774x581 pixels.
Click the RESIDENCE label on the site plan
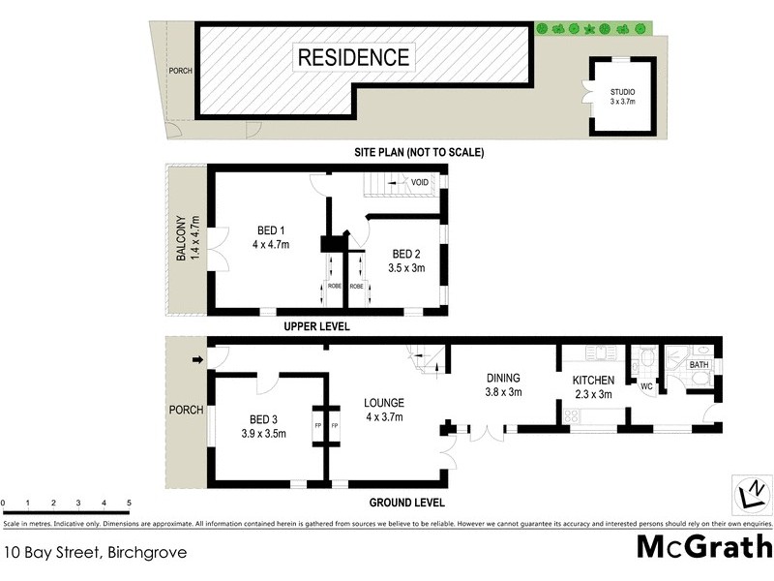click(x=353, y=56)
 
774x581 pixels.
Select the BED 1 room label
click(x=272, y=229)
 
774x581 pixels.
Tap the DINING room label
click(x=503, y=379)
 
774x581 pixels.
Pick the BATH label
click(x=700, y=365)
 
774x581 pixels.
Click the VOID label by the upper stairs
click(x=420, y=182)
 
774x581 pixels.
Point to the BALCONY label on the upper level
click(x=181, y=239)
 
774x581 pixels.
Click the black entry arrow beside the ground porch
click(x=198, y=361)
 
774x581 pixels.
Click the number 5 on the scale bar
click(x=130, y=503)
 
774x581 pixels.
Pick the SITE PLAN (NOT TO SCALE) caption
click(x=418, y=153)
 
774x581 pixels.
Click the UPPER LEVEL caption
click(x=315, y=327)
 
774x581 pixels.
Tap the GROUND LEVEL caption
click(x=406, y=503)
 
